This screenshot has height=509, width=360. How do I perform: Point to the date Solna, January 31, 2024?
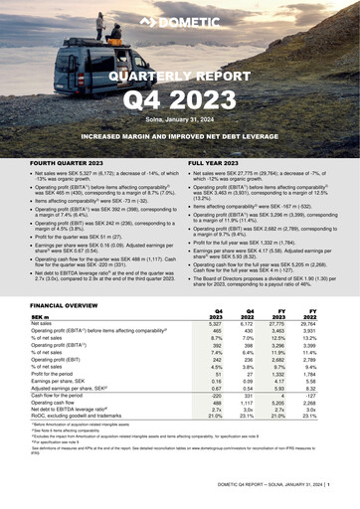coord(180,119)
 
